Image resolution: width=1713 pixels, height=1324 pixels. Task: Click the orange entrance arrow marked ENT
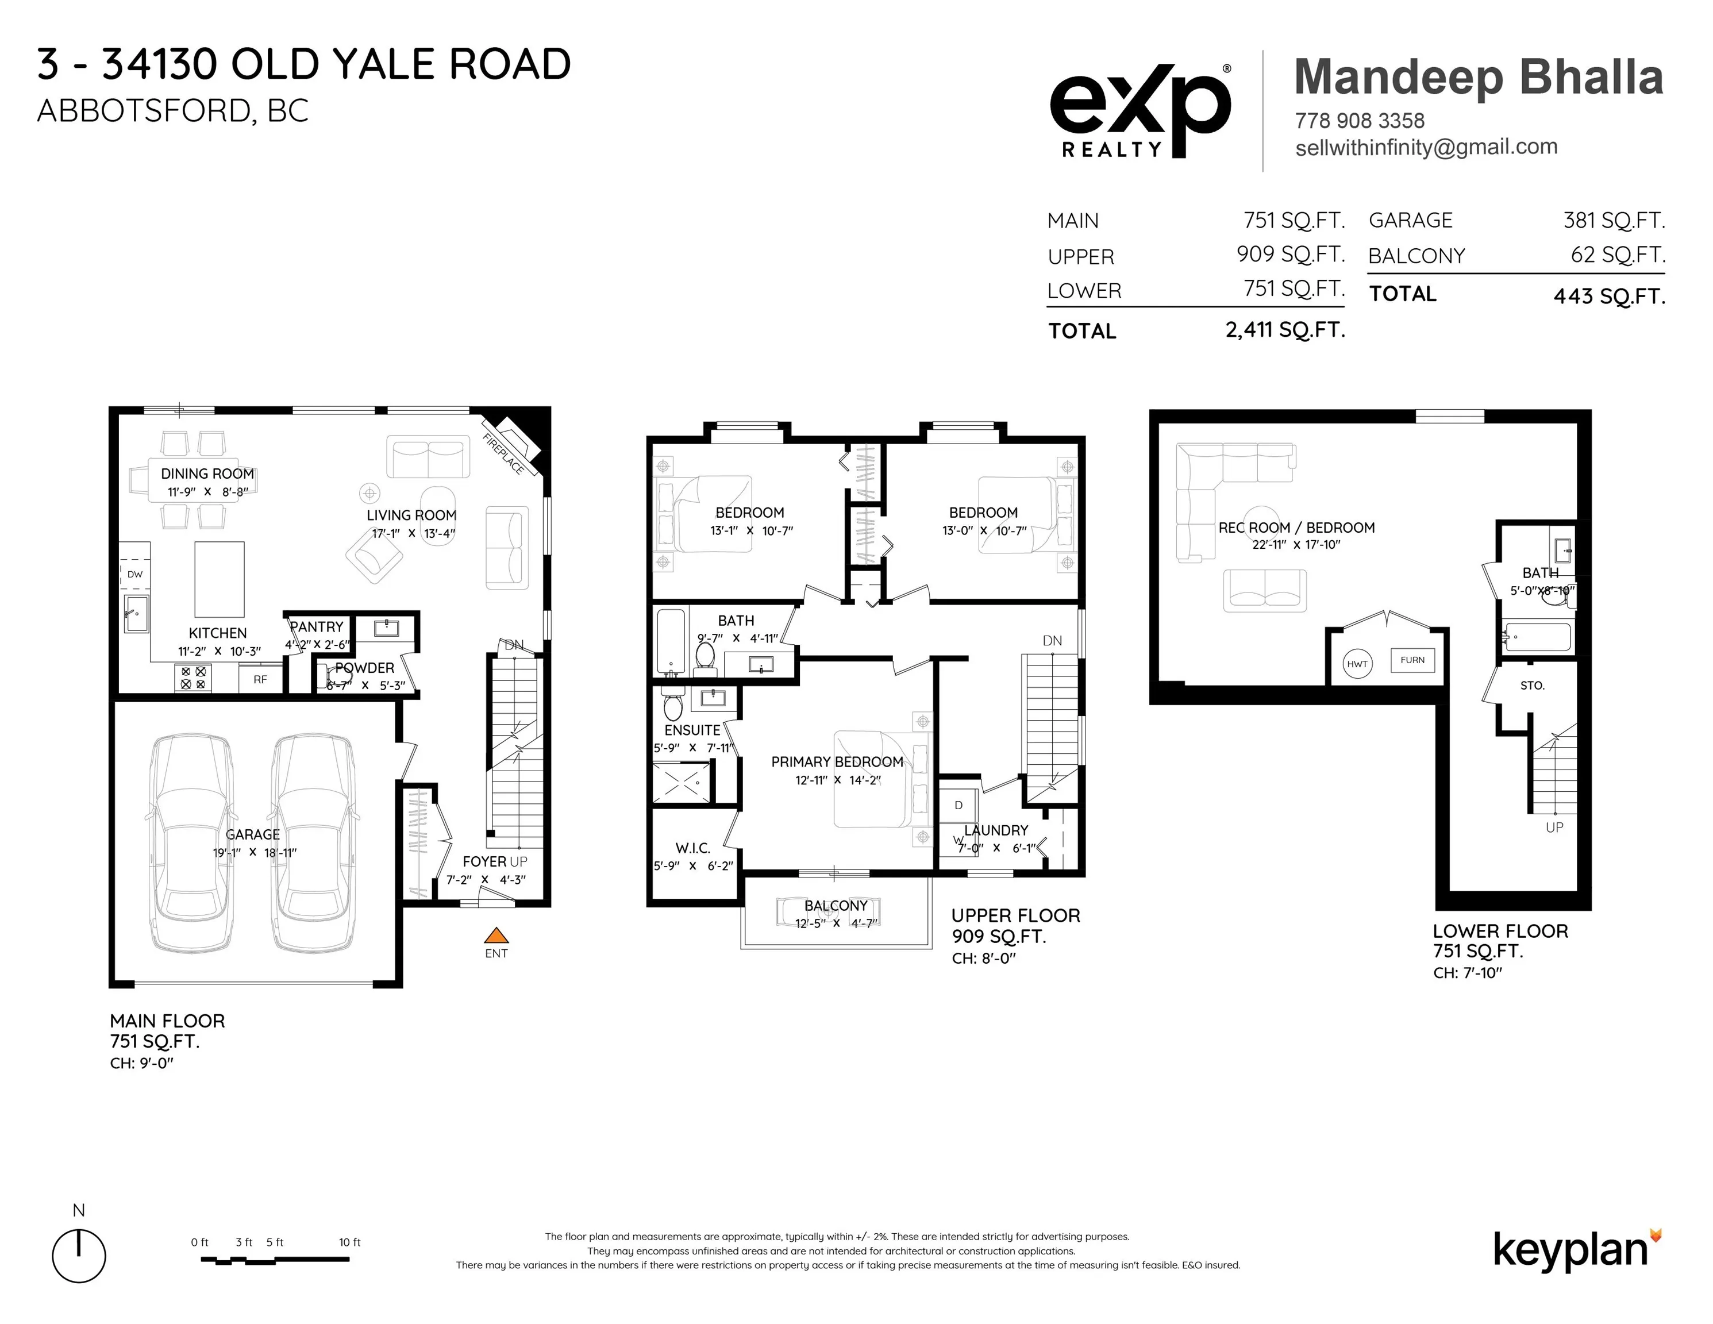click(496, 935)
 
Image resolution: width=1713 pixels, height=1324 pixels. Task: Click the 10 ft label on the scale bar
click(350, 1242)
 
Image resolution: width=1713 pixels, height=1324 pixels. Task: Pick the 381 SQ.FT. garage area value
click(1614, 221)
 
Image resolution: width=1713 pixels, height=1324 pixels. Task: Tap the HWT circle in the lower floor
click(1357, 664)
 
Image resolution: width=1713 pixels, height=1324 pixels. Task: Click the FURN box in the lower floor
click(1412, 660)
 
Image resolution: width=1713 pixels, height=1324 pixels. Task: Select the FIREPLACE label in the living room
click(502, 453)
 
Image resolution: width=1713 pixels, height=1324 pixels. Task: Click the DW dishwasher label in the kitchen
click(135, 574)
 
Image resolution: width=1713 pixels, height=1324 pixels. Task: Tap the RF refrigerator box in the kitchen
click(260, 679)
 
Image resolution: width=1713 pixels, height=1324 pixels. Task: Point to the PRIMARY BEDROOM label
click(837, 761)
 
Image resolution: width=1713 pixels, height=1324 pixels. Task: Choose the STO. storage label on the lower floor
click(1532, 686)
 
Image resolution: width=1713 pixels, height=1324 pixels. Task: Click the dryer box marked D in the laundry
click(958, 806)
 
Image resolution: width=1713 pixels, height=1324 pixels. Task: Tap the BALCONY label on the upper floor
click(836, 905)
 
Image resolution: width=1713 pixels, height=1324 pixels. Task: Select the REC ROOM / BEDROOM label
click(1296, 528)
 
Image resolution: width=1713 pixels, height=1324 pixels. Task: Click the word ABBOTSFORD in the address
click(143, 111)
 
